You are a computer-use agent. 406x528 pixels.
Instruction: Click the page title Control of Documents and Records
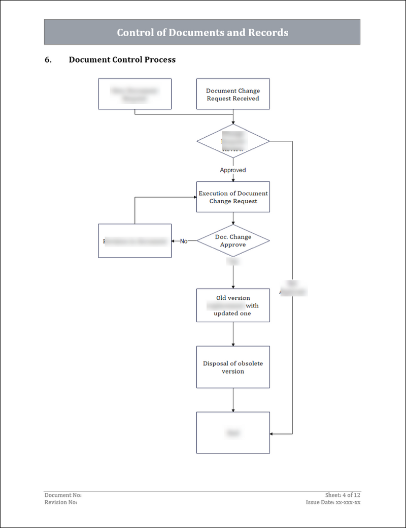(x=202, y=33)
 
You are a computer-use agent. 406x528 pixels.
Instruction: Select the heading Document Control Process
(x=122, y=60)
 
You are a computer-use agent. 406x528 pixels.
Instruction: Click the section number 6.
(x=48, y=60)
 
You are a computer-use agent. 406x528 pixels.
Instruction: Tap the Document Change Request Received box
(x=233, y=94)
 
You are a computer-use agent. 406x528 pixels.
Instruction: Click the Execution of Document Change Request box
(x=233, y=197)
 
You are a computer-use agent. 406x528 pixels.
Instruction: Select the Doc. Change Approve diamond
(x=233, y=241)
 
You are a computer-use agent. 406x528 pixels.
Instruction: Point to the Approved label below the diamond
(x=233, y=170)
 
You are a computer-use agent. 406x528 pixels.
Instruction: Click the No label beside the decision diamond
(x=184, y=241)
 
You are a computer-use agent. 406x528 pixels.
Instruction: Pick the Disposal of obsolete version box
(x=233, y=367)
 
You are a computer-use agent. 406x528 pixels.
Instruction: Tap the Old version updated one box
(x=233, y=305)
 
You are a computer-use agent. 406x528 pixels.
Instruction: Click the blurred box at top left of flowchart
(x=134, y=94)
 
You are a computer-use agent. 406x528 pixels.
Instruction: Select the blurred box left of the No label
(x=134, y=241)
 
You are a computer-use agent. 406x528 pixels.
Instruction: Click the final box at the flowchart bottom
(x=233, y=433)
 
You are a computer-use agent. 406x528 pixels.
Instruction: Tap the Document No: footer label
(x=63, y=495)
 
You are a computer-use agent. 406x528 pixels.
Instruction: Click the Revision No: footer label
(x=61, y=503)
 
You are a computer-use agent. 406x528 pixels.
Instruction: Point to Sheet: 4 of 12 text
(x=343, y=495)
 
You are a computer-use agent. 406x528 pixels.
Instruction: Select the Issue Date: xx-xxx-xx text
(x=333, y=503)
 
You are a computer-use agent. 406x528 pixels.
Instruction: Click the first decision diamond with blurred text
(x=233, y=141)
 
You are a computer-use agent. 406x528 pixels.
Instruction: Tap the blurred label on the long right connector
(x=293, y=289)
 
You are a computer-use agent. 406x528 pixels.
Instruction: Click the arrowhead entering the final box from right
(x=272, y=434)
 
